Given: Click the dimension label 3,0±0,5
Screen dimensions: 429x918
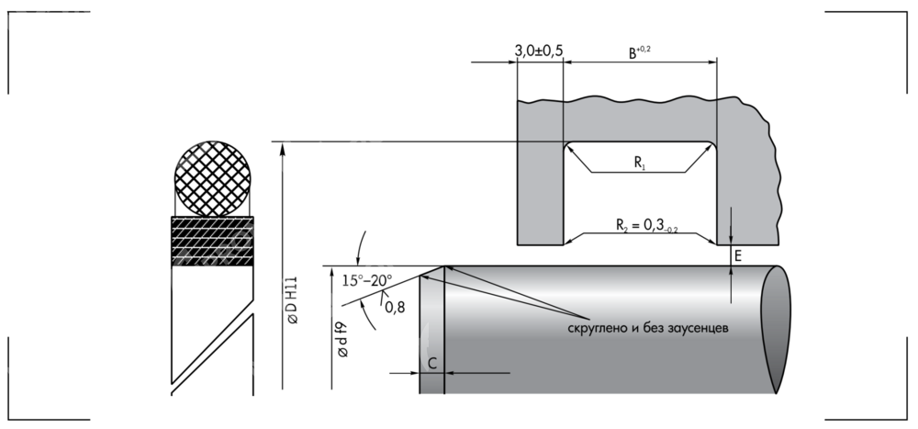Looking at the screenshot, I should [x=538, y=52].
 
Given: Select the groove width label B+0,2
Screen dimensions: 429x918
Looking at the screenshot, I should [x=639, y=53].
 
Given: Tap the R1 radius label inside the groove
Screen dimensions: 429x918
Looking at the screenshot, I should [x=640, y=164].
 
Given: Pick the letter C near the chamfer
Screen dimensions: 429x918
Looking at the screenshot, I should [x=431, y=363].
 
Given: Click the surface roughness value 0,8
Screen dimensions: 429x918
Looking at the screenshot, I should [x=396, y=306].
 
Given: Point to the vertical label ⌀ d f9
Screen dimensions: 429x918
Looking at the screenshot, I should [x=341, y=339].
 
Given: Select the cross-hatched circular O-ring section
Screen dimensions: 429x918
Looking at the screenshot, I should [x=213, y=177].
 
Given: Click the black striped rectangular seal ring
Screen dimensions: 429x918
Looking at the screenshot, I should [x=211, y=242].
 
